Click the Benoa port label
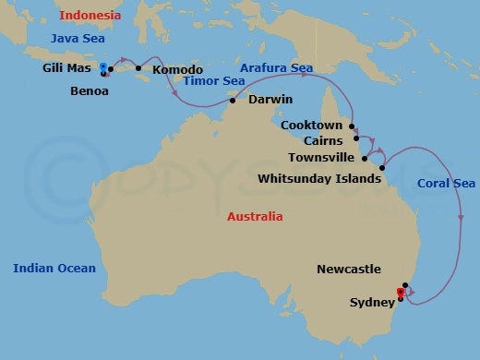click(x=90, y=91)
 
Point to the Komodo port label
click(x=177, y=69)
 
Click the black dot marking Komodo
click(x=138, y=68)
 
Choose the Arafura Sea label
click(x=276, y=68)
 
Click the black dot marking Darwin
click(x=233, y=100)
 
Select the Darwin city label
click(x=270, y=100)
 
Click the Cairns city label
click(x=320, y=142)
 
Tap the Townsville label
click(x=319, y=159)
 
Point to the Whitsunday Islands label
click(x=318, y=178)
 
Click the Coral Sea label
click(x=446, y=183)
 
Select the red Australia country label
click(x=255, y=217)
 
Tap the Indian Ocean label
click(x=54, y=269)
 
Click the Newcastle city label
click(x=348, y=270)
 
